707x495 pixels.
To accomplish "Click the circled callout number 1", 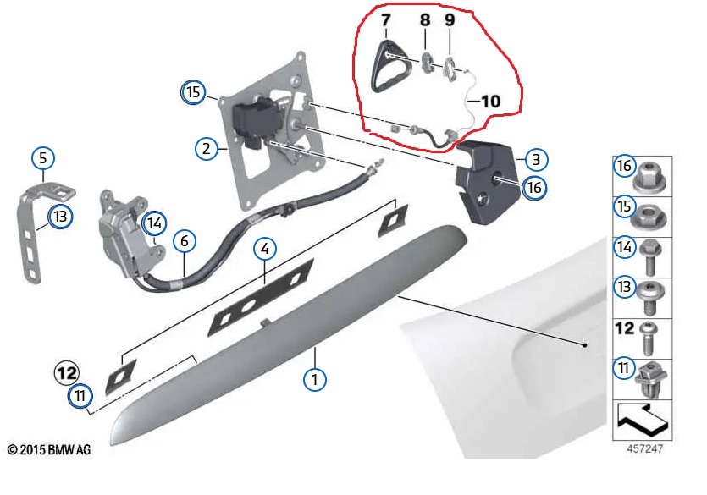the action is pyautogui.click(x=314, y=379).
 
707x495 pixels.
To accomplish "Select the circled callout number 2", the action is pyautogui.click(x=207, y=148).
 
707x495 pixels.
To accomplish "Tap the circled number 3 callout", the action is pyautogui.click(x=536, y=159).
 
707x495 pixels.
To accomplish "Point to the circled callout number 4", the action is pyautogui.click(x=265, y=248).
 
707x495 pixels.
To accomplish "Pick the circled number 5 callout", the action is pyautogui.click(x=43, y=158).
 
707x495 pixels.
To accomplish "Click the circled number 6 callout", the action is pyautogui.click(x=184, y=241).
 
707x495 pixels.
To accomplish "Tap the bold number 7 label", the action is pyautogui.click(x=385, y=20).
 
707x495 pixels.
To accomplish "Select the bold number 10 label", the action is pyautogui.click(x=490, y=101).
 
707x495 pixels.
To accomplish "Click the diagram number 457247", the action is pyautogui.click(x=645, y=448).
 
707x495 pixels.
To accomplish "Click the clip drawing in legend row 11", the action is pyautogui.click(x=650, y=381).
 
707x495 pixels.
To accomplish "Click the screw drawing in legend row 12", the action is pyautogui.click(x=649, y=338).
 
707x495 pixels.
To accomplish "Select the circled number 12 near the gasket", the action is pyautogui.click(x=67, y=373).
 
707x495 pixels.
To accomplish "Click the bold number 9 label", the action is pyautogui.click(x=450, y=19).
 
